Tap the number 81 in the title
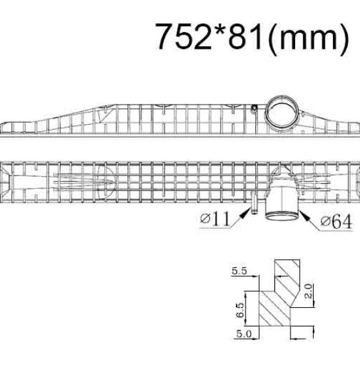click(246, 37)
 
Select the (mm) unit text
click(308, 39)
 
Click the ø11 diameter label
click(215, 219)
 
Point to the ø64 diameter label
click(337, 222)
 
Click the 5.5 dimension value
click(239, 271)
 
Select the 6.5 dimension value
click(240, 310)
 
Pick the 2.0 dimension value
click(309, 291)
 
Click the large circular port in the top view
click(282, 112)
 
